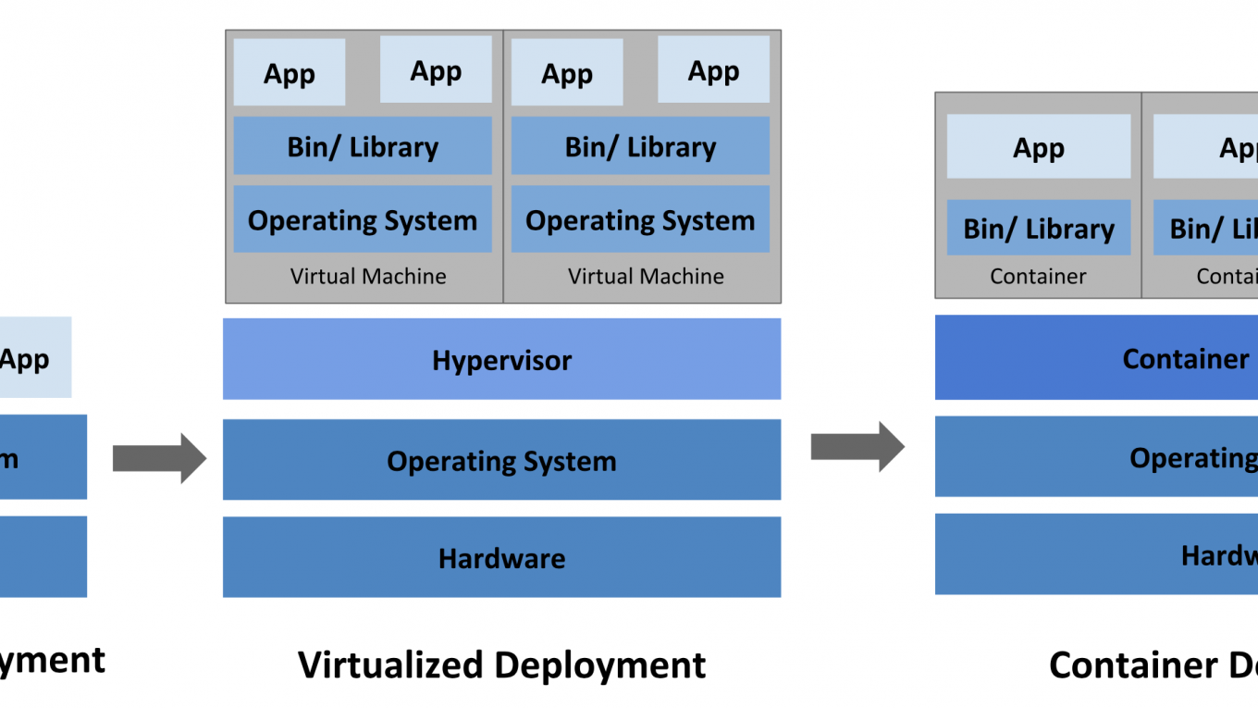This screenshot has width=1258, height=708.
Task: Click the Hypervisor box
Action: click(x=501, y=359)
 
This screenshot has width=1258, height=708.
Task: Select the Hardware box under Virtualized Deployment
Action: click(x=501, y=557)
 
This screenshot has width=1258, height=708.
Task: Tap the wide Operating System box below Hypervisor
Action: click(x=501, y=460)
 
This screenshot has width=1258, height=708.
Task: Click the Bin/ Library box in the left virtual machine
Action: click(x=363, y=146)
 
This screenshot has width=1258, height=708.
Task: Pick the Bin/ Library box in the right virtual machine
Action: click(x=640, y=146)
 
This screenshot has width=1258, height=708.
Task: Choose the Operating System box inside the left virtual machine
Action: click(x=363, y=219)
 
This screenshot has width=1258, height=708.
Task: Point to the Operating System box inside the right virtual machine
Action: click(x=640, y=219)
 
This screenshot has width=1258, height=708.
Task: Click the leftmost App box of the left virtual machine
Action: click(x=290, y=72)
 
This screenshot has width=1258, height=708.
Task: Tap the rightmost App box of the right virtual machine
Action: click(x=713, y=69)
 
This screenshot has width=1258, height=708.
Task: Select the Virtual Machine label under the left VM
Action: click(x=368, y=276)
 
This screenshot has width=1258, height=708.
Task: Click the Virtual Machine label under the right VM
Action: click(x=646, y=276)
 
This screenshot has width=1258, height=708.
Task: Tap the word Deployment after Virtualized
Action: click(x=599, y=665)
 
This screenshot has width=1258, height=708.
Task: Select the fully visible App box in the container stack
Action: click(x=1039, y=147)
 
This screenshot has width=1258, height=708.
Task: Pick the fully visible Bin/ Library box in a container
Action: click(x=1039, y=228)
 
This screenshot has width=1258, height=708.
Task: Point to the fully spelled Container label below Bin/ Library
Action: click(x=1038, y=276)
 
